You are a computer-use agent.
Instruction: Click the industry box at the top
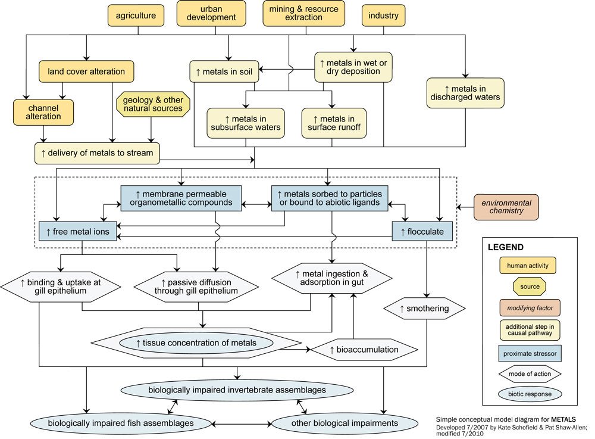pos(383,15)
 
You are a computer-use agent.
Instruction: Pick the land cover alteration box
pos(86,71)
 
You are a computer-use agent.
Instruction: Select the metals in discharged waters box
pos(465,92)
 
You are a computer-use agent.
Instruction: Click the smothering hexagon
pos(424,309)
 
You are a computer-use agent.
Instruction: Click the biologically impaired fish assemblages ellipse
pos(121,423)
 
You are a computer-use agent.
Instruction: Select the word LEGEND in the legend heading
pos(506,247)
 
